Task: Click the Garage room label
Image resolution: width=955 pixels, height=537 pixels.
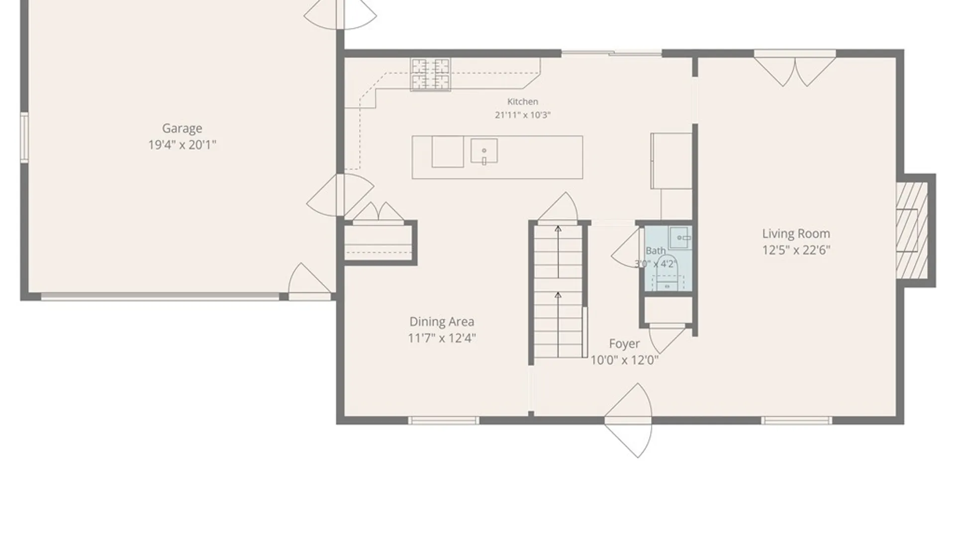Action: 182,128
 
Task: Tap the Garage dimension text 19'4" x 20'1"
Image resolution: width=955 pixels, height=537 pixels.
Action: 182,145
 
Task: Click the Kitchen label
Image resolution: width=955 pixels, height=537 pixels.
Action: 522,101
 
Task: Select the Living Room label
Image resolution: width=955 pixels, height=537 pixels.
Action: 796,234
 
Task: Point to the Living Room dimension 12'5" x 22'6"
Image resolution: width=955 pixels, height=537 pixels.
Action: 796,250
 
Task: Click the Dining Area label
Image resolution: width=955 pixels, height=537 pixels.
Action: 442,322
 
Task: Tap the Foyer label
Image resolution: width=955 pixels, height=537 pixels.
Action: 624,344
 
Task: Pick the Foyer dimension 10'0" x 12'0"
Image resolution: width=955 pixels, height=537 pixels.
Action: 624,360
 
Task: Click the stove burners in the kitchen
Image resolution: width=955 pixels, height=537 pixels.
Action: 431,75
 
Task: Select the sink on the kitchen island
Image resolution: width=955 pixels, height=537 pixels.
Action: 484,151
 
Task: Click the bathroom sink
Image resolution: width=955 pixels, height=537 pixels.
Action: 680,238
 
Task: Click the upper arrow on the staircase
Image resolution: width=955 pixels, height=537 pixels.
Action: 558,252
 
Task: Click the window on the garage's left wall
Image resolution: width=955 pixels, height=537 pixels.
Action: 24,137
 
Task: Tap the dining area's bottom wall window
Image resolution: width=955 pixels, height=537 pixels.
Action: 444,421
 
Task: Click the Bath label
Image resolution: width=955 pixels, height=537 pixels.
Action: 656,251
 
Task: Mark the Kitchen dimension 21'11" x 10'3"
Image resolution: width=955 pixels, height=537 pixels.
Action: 522,115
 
